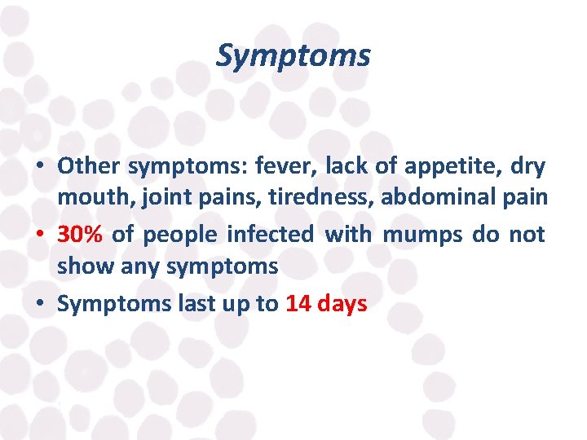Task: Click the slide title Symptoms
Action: pos(293,56)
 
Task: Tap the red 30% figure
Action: pos(81,235)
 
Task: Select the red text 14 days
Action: pos(326,304)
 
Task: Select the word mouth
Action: pos(87,197)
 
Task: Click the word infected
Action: pos(270,235)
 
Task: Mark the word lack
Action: pos(346,166)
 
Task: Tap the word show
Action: pos(86,266)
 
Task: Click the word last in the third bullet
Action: pos(196,304)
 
